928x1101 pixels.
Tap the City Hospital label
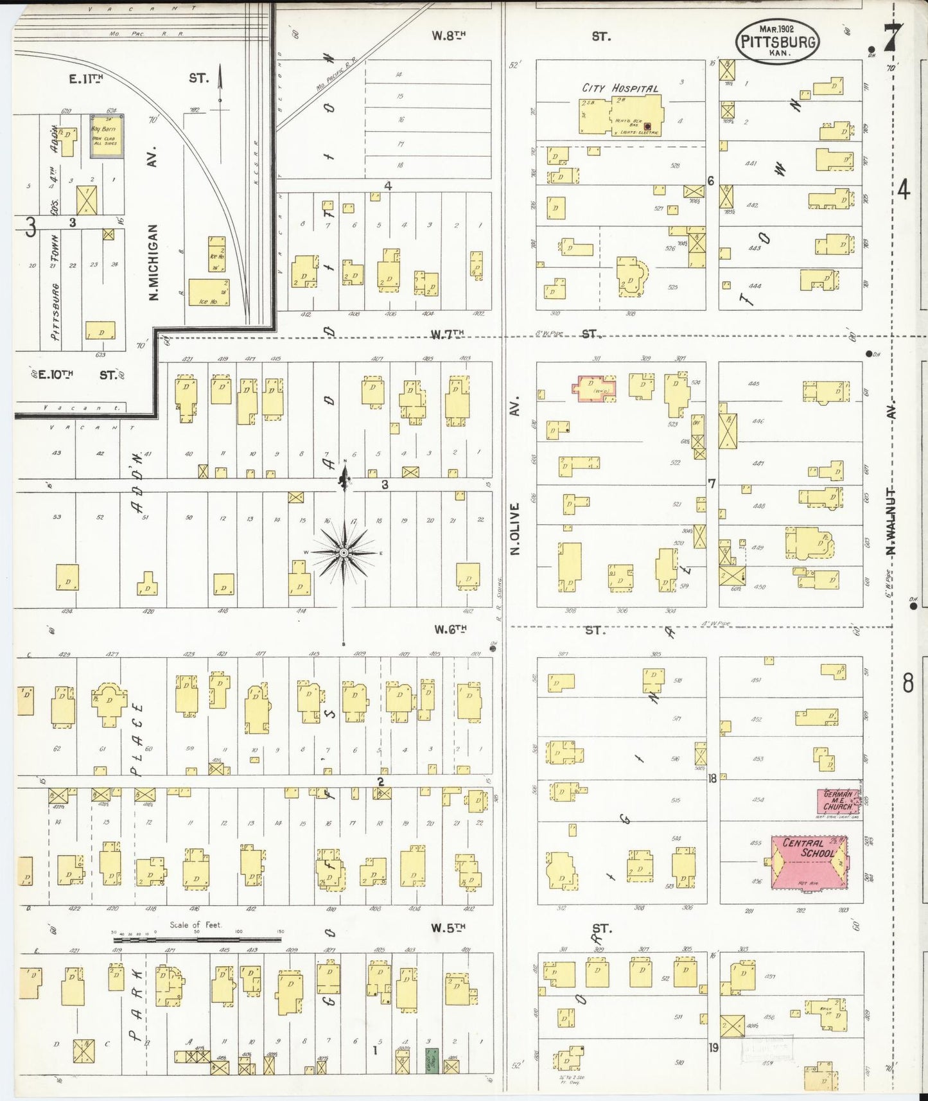[x=619, y=88]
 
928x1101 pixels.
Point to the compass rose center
[x=344, y=552]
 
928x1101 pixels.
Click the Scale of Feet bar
[x=196, y=939]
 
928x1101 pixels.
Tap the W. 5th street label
[x=448, y=927]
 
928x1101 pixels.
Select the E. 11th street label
[x=86, y=78]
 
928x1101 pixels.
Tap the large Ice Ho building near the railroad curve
[x=209, y=292]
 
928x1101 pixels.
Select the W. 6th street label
[x=449, y=630]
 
